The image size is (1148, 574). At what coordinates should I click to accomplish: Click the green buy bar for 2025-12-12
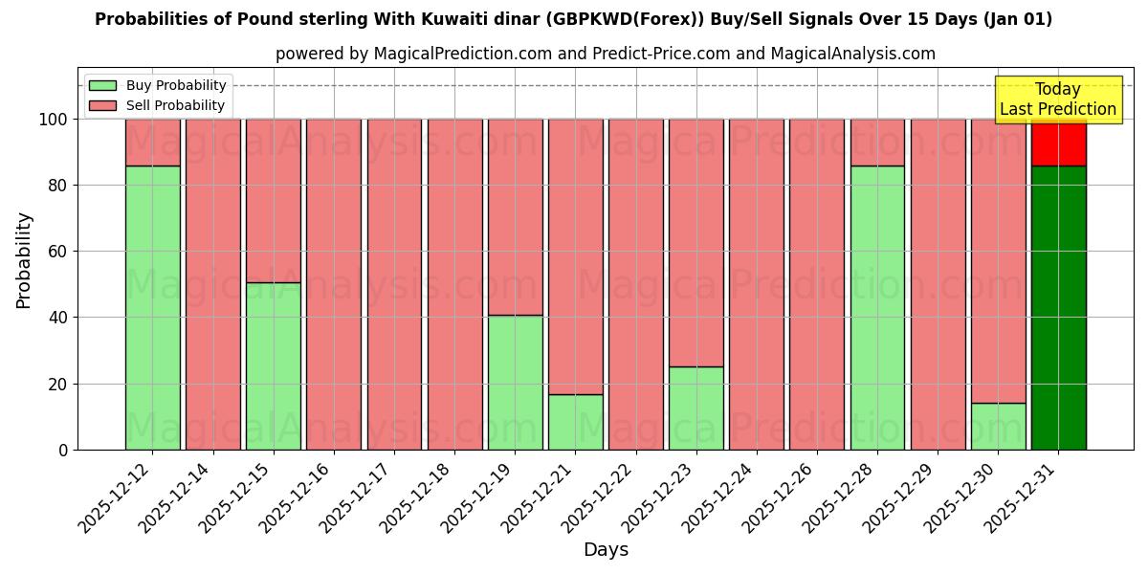[153, 307]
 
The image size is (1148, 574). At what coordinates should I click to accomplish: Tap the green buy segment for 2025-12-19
[516, 382]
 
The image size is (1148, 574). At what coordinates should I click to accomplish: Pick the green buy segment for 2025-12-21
[576, 422]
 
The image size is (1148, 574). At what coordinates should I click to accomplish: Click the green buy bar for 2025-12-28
[877, 307]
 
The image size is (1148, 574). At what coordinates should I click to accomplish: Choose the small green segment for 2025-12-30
[998, 426]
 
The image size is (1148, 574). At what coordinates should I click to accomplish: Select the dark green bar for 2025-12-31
[1058, 307]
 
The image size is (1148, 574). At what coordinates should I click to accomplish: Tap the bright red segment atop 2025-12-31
[1058, 143]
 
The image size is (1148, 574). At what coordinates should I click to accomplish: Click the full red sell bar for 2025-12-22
[636, 284]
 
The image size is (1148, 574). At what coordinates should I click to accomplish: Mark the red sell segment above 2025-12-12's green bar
[153, 143]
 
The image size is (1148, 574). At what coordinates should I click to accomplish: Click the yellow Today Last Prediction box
[1057, 99]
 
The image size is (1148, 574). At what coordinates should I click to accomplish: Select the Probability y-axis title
[24, 260]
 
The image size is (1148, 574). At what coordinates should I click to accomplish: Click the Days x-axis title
[606, 550]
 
